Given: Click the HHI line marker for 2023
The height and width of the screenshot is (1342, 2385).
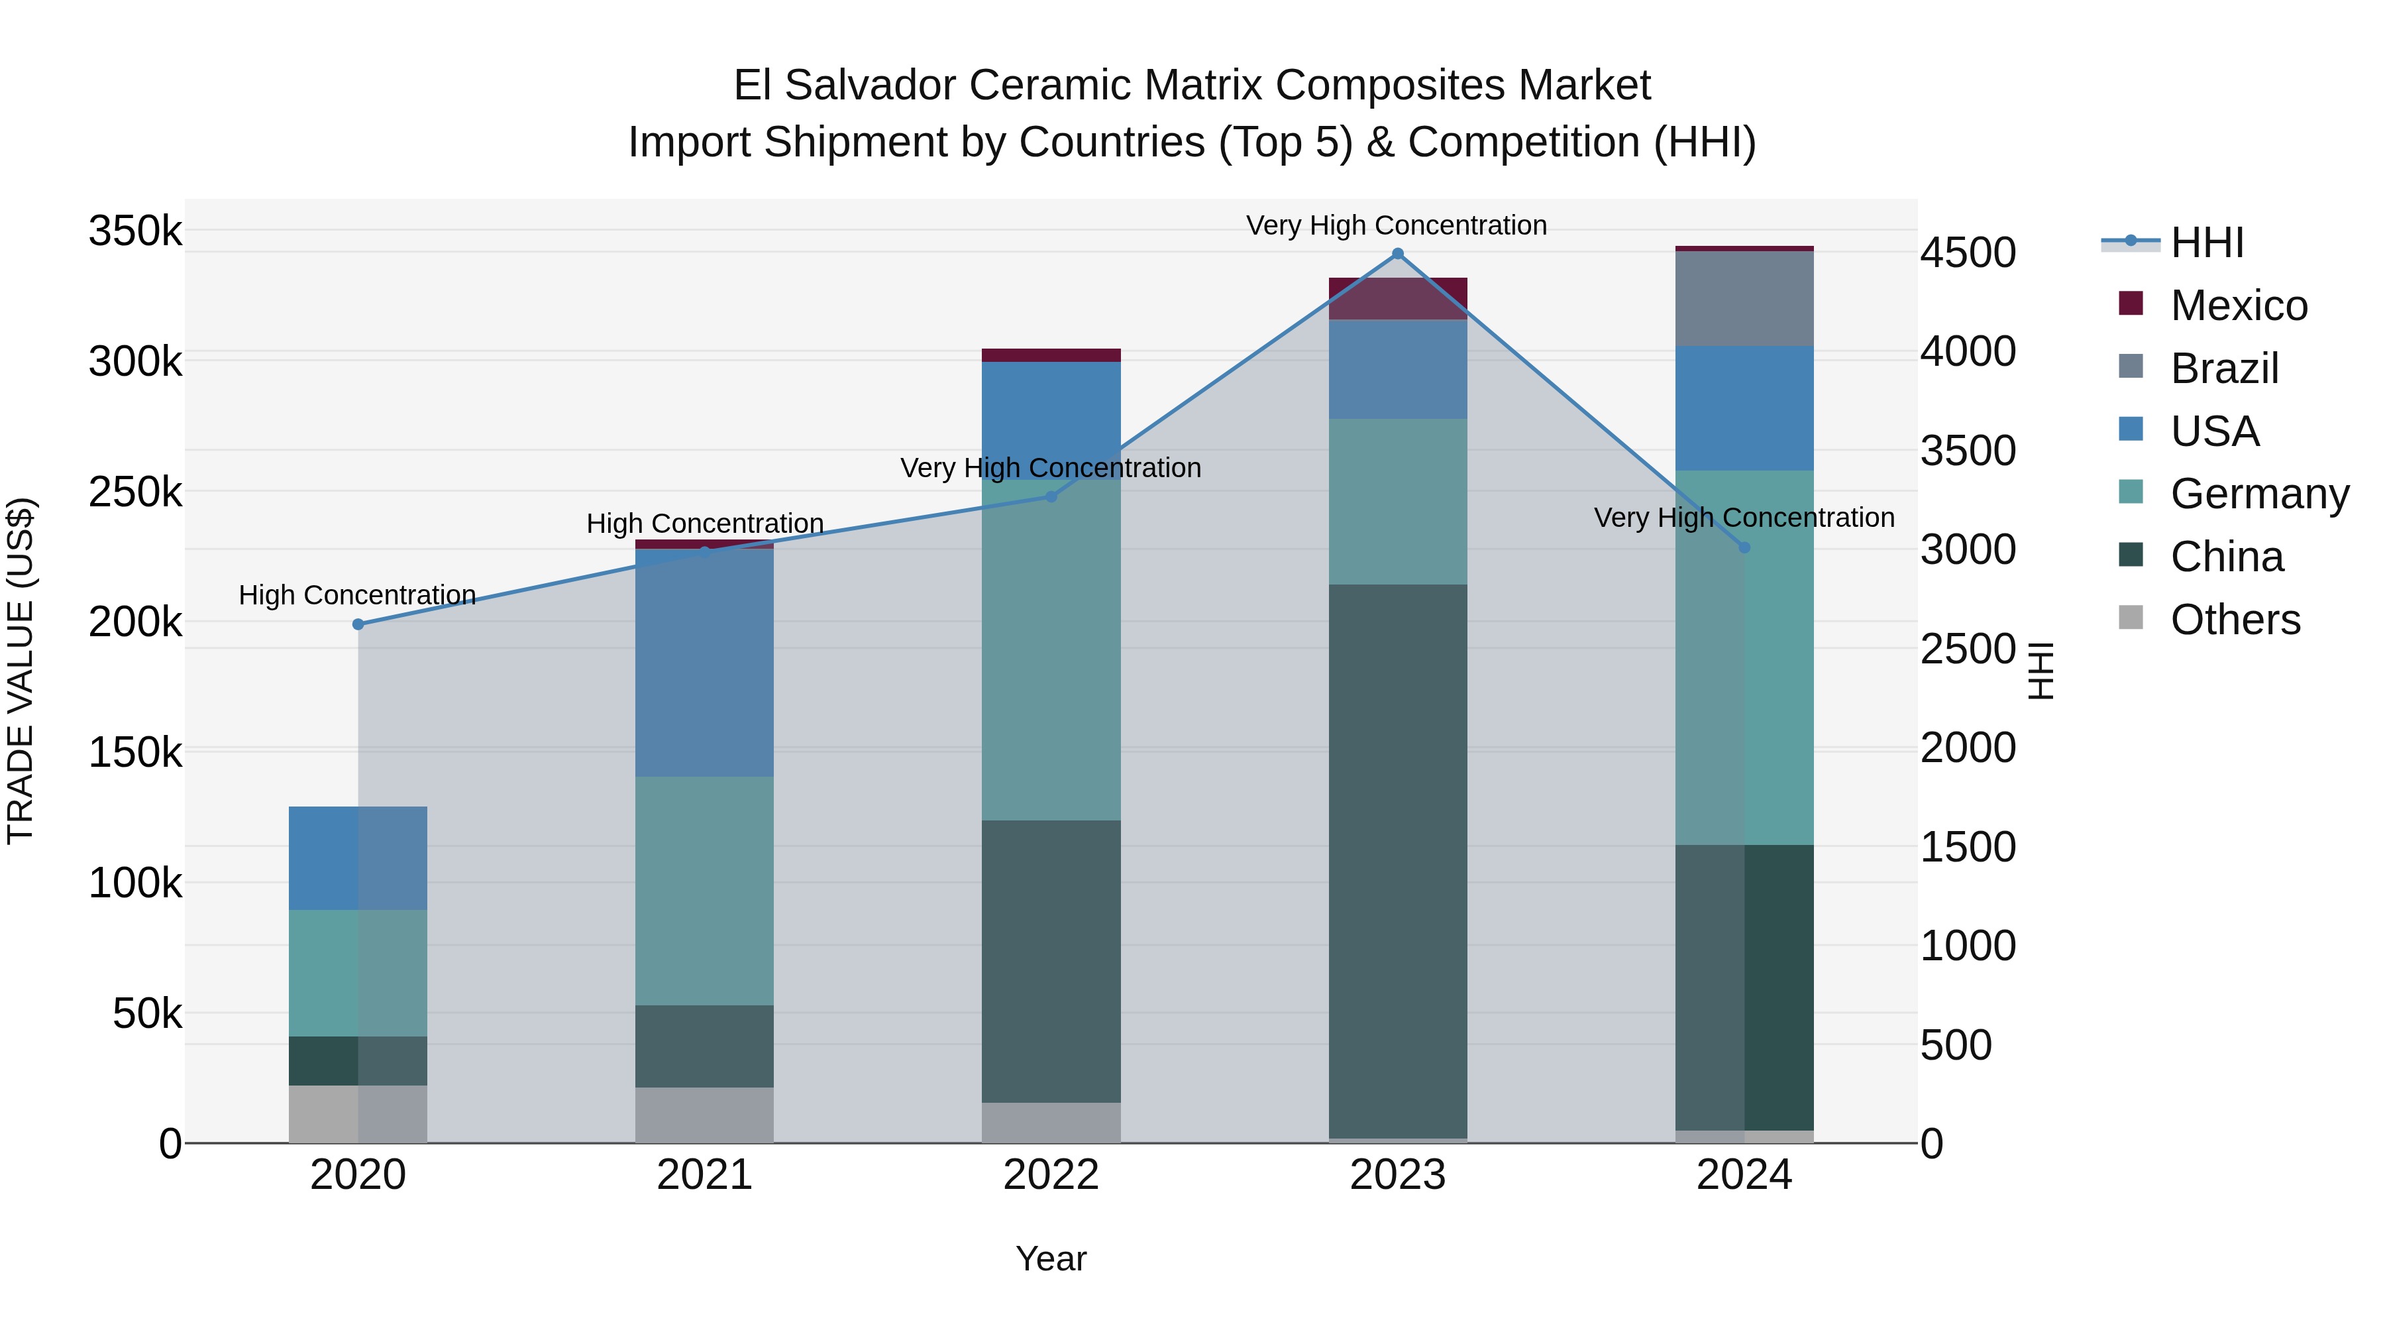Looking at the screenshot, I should tap(1397, 254).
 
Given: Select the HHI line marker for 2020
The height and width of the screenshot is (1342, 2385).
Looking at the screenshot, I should tap(358, 624).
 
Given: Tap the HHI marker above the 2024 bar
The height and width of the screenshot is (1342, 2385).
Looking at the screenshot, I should tap(1744, 547).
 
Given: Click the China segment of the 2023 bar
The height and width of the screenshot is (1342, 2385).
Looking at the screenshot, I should tap(1397, 862).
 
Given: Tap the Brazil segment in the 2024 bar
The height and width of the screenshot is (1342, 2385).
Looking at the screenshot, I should tap(1744, 298).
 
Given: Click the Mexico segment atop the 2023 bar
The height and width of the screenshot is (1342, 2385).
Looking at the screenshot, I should tap(1397, 298).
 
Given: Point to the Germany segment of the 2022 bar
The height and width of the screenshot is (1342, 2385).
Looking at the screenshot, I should tap(1051, 648).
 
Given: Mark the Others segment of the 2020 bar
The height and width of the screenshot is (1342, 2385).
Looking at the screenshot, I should tap(358, 1113).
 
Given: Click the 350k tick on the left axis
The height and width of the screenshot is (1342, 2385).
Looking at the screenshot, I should tap(135, 231).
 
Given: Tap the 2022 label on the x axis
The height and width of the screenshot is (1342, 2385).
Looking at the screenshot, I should tap(1051, 1175).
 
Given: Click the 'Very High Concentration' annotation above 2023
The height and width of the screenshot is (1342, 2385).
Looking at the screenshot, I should tap(1396, 225).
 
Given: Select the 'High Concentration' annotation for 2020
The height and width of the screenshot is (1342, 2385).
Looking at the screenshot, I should tap(357, 594).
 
